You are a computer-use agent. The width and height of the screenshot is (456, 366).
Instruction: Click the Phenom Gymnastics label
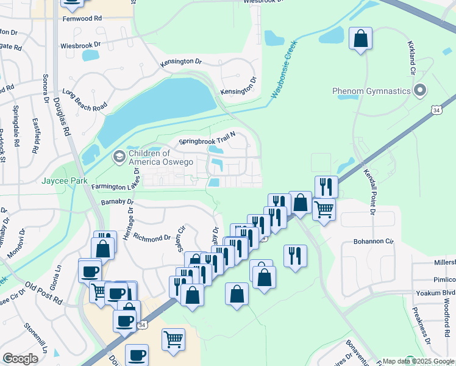[371, 91]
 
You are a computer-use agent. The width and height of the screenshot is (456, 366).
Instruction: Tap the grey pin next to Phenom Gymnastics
[419, 91]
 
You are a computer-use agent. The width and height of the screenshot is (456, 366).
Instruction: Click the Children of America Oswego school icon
[119, 157]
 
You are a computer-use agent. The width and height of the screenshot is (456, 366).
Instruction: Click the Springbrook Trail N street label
[207, 142]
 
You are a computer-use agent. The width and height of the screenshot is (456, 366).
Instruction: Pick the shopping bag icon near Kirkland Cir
[360, 38]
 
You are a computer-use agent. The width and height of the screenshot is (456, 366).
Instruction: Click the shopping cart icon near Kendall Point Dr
[324, 209]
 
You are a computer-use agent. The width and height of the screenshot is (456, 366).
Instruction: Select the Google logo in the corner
[20, 358]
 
